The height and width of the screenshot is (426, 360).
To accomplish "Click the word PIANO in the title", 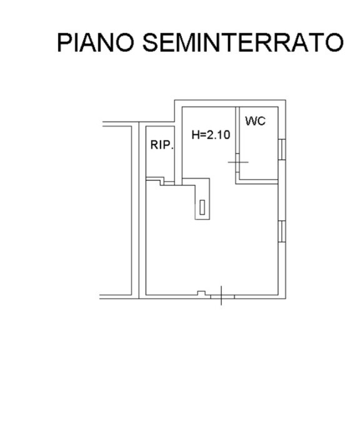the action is click(x=96, y=42).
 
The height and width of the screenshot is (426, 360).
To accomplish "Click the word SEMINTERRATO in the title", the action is click(x=242, y=42).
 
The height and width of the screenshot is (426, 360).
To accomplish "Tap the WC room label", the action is click(x=255, y=121).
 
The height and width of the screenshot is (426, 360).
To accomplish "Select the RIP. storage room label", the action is click(x=162, y=145).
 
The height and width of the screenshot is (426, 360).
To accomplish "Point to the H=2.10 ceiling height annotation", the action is click(x=211, y=134).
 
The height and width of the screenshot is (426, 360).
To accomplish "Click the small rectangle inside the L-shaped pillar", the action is click(x=202, y=207).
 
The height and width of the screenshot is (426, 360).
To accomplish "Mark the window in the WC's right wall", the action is click(x=282, y=149).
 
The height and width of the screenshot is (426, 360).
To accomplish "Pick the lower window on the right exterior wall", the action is click(x=282, y=232).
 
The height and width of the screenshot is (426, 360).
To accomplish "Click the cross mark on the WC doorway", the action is click(x=238, y=162).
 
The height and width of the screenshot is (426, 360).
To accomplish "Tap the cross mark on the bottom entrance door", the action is click(x=221, y=295).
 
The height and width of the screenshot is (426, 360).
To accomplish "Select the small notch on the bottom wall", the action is click(x=201, y=293).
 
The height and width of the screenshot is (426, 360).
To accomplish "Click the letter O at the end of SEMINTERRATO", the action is click(x=334, y=42).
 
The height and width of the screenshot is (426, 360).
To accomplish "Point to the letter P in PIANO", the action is click(x=65, y=42).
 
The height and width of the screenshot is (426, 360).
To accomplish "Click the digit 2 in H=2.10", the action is click(x=211, y=134).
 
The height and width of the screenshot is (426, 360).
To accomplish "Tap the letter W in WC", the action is click(x=251, y=121).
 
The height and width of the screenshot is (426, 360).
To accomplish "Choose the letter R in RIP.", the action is click(x=154, y=145).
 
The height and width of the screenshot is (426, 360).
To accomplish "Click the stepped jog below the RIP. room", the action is click(x=162, y=181).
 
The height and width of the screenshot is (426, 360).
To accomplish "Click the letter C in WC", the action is click(x=261, y=121).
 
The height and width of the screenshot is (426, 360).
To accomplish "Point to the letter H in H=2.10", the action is click(x=196, y=134).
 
